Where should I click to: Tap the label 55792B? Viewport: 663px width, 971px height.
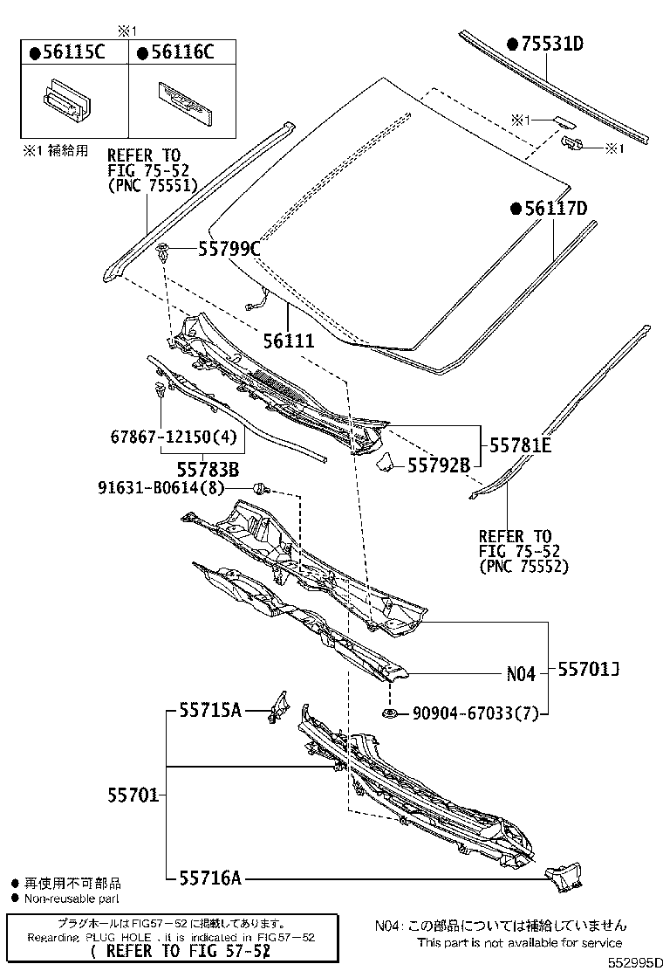pyautogui.click(x=439, y=465)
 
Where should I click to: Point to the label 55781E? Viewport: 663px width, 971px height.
pyautogui.click(x=521, y=445)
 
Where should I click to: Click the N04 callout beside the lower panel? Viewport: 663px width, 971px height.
pyautogui.click(x=520, y=674)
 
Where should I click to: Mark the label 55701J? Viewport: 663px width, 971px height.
pyautogui.click(x=589, y=670)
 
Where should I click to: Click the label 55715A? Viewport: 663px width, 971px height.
pyautogui.click(x=210, y=711)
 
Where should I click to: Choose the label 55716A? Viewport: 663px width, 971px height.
pyautogui.click(x=210, y=878)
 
